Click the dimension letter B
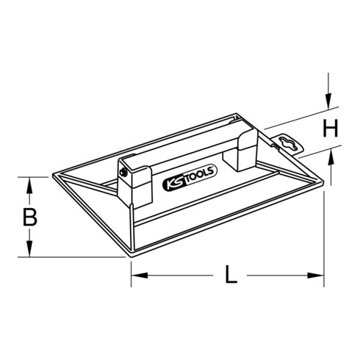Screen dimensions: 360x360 [x=30, y=217]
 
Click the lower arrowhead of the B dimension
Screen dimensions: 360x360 [x=30, y=251]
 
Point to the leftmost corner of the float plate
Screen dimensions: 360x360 [x=54, y=177]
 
